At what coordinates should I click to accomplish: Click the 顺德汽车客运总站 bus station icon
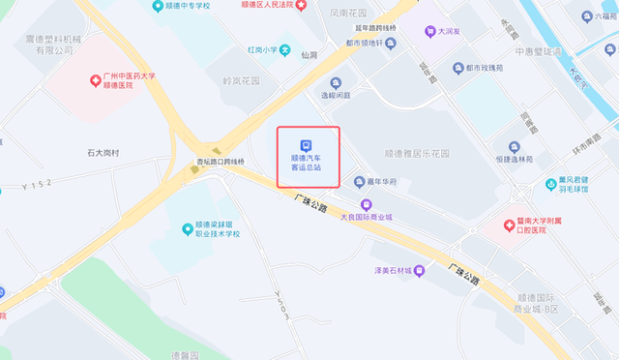click(x=308, y=140)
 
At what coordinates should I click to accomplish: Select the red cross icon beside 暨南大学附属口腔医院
click(x=510, y=225)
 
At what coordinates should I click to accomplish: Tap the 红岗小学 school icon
click(x=284, y=49)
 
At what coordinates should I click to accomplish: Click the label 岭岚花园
click(x=242, y=81)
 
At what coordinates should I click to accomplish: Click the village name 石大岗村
click(x=103, y=153)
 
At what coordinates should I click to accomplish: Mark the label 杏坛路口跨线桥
click(x=221, y=162)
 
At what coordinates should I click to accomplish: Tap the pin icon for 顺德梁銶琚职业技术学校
click(x=187, y=228)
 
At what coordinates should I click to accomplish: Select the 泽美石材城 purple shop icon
click(x=419, y=270)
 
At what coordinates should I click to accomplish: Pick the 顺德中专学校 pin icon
click(x=158, y=7)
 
